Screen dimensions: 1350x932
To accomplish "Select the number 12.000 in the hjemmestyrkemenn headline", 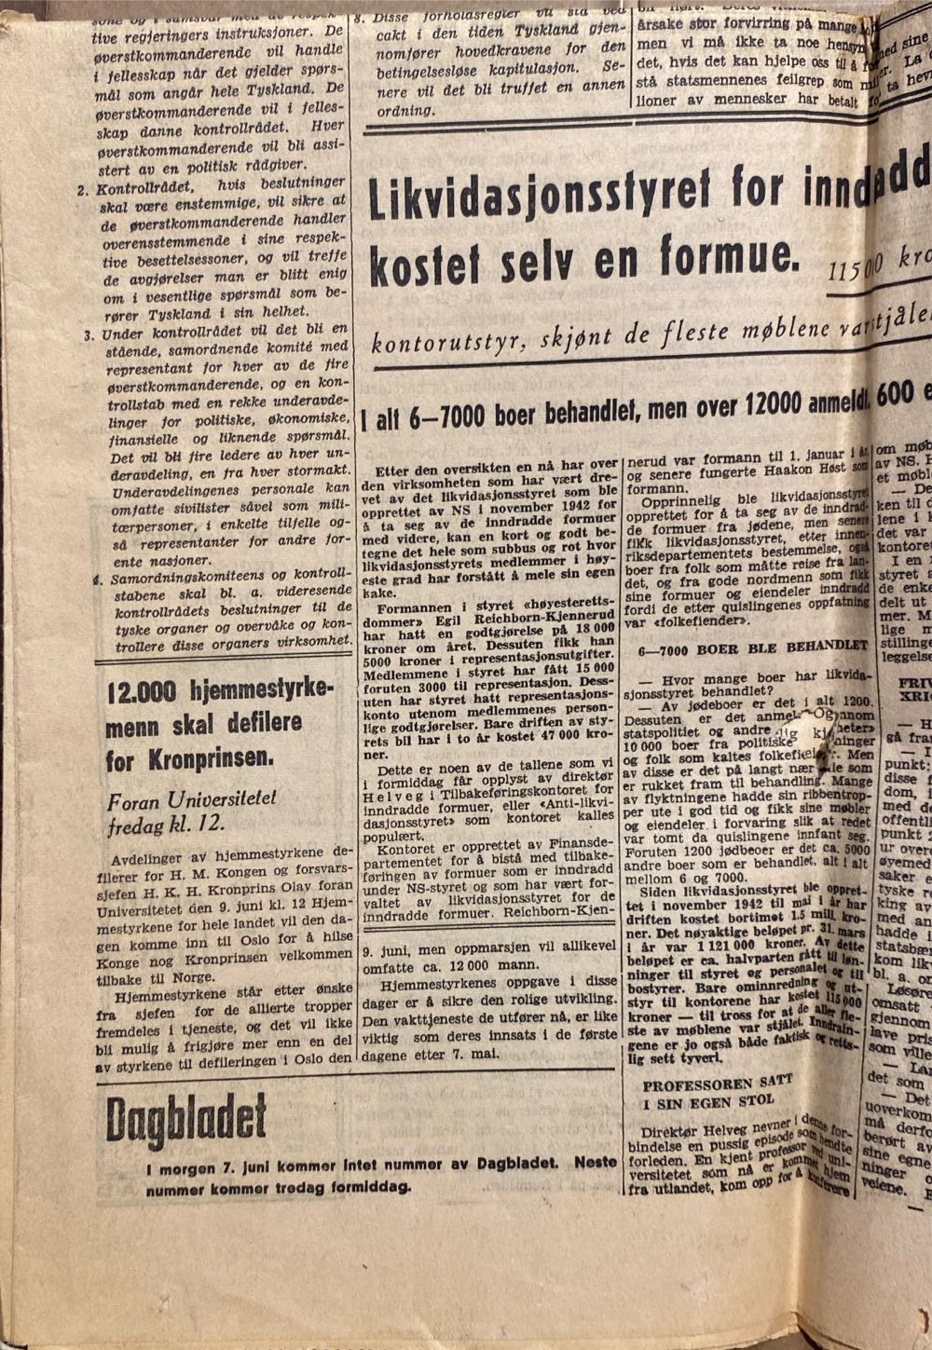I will point(141,694).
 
